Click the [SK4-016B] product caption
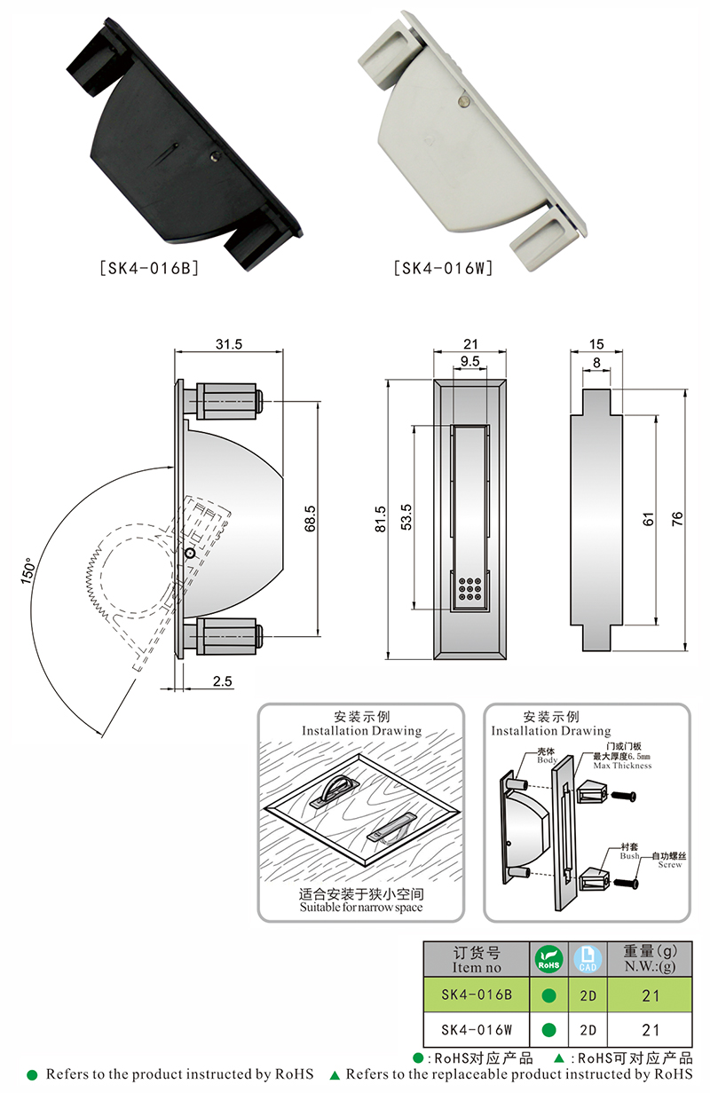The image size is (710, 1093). [x=148, y=267]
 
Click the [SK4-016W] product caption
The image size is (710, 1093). [x=441, y=267]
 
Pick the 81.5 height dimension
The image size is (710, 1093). [x=380, y=519]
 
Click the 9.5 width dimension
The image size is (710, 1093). [x=470, y=361]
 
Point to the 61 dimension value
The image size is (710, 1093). [x=648, y=519]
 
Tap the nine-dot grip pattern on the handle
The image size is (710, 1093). [x=469, y=587]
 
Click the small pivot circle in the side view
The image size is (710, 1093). [x=189, y=553]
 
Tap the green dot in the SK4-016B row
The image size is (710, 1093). [x=548, y=995]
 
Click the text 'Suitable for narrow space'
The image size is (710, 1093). [x=361, y=908]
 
